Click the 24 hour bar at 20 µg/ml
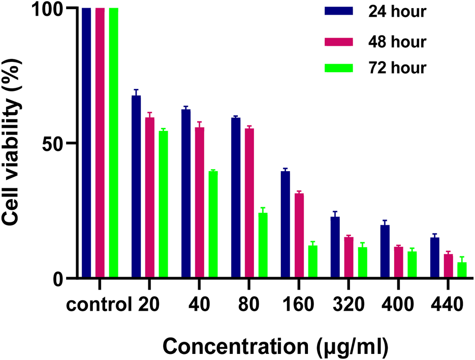point(136,187)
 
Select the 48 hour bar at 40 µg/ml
point(200,203)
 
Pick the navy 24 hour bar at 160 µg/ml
point(286,224)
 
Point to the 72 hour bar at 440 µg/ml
point(462,270)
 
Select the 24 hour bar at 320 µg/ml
point(335,247)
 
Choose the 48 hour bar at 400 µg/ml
point(399,262)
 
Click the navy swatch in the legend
point(339,12)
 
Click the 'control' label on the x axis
point(96,306)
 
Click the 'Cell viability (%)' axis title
point(14,144)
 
